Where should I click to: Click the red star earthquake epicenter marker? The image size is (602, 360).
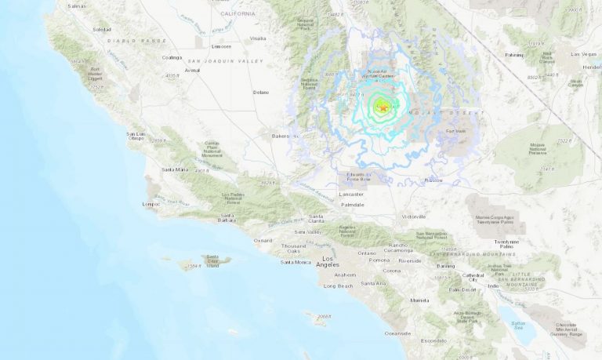383,107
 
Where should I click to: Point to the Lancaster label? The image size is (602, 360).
352,194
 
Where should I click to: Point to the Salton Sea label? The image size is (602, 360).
518,325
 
